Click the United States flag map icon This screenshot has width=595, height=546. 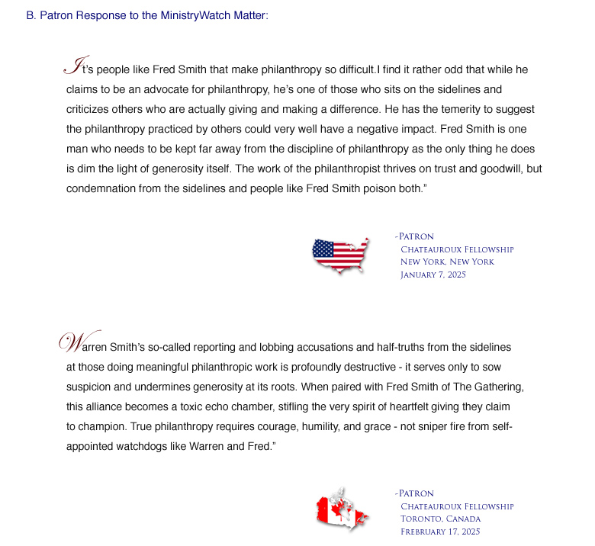(340, 254)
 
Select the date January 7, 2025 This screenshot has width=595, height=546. (433, 275)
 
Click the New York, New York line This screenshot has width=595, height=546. (447, 262)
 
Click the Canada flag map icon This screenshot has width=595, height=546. (342, 509)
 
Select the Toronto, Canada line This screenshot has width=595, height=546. (440, 519)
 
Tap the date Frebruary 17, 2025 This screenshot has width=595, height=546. (439, 532)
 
